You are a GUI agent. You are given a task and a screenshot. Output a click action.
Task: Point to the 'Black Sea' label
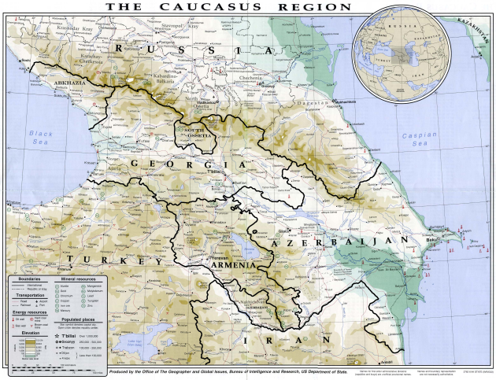click(40, 138)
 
